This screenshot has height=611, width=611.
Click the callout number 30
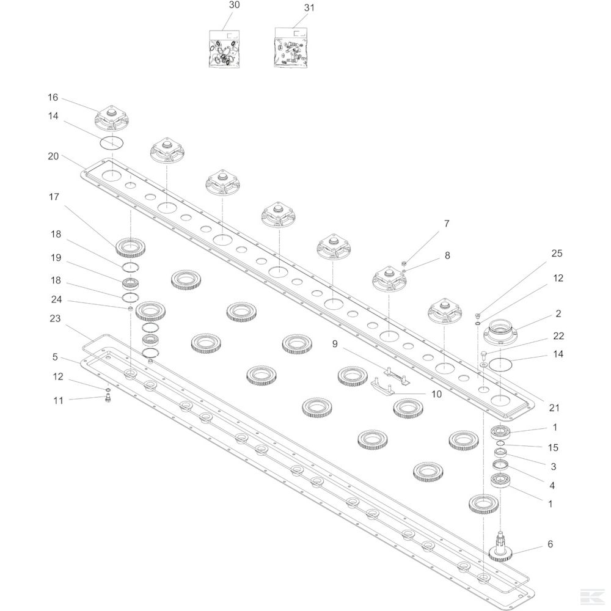pyautogui.click(x=234, y=5)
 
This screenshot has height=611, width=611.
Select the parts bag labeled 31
pyautogui.click(x=290, y=48)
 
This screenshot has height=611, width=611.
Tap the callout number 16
pyautogui.click(x=53, y=97)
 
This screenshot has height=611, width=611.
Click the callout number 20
pyautogui.click(x=53, y=156)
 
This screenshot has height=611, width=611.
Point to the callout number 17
pyautogui.click(x=54, y=197)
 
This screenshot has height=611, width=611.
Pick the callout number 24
pyautogui.click(x=56, y=299)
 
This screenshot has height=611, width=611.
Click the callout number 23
pyautogui.click(x=56, y=318)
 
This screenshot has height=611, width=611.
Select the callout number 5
pyautogui.click(x=55, y=357)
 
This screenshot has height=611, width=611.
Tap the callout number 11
pyautogui.click(x=58, y=401)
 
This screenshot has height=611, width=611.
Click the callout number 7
pyautogui.click(x=447, y=224)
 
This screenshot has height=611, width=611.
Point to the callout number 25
pyautogui.click(x=557, y=254)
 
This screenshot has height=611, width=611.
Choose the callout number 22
pyautogui.click(x=558, y=336)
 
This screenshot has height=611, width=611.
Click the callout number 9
pyautogui.click(x=335, y=343)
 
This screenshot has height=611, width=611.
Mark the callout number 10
pyautogui.click(x=436, y=394)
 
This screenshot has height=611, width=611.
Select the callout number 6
pyautogui.click(x=551, y=544)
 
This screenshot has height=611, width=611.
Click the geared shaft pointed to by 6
pyautogui.click(x=500, y=547)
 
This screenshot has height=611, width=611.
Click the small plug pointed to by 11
pyautogui.click(x=108, y=398)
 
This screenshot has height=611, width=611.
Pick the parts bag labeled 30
pyautogui.click(x=224, y=49)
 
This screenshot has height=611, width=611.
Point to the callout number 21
pyautogui.click(x=554, y=408)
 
